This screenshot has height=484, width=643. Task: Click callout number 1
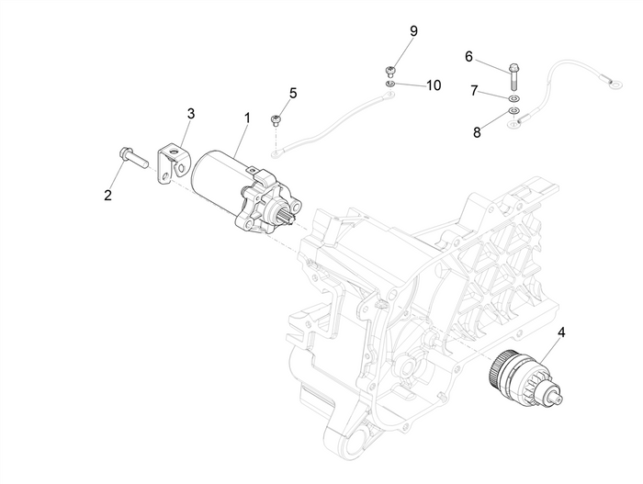246,118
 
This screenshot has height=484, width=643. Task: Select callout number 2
107,195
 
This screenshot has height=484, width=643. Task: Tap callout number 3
191,114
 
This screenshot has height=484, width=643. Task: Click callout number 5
293,93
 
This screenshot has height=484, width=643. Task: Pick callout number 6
468,57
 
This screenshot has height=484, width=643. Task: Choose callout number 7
475,92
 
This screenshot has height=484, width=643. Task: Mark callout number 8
477,132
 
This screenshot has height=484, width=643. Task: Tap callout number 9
413,31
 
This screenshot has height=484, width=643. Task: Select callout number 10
433,84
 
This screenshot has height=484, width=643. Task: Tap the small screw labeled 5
275,119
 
